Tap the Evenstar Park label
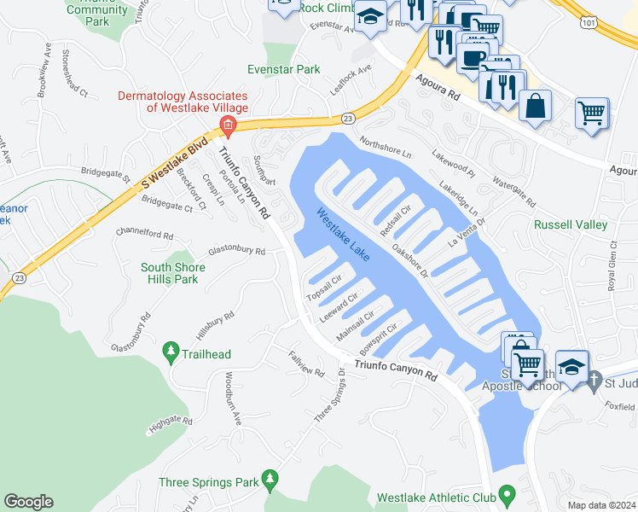point(283,69)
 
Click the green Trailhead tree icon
point(171,351)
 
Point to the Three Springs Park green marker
point(270,480)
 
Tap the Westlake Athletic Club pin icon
point(507,495)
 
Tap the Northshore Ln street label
point(386,148)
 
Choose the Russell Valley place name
point(570,225)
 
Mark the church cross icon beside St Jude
point(595,379)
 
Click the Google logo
point(28,502)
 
